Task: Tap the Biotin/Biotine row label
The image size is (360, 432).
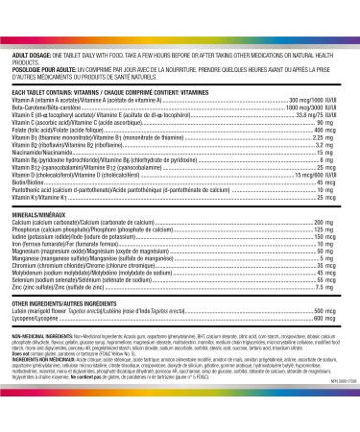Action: click(x=33, y=181)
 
